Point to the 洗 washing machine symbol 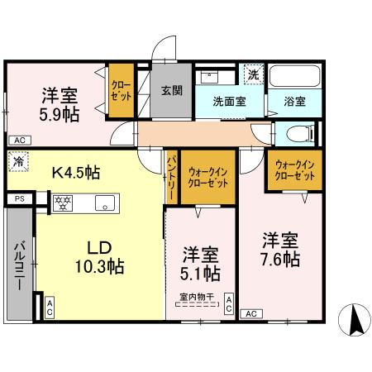[253, 74]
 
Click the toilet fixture [298, 132]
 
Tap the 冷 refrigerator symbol [18, 163]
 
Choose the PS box [19, 198]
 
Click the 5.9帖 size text [61, 115]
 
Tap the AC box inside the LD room [49, 308]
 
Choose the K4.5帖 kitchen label [76, 173]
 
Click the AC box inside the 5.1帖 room [229, 303]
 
